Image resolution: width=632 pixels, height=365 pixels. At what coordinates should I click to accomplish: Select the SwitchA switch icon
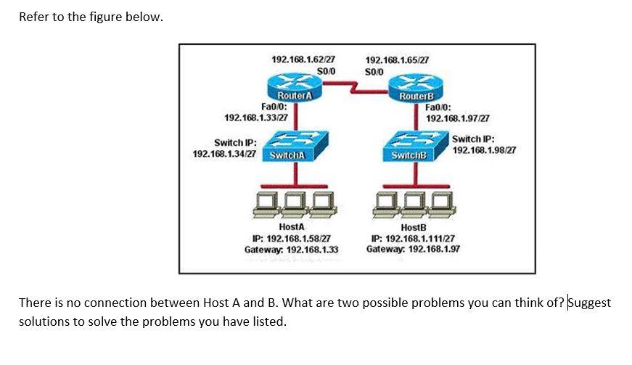[291, 148]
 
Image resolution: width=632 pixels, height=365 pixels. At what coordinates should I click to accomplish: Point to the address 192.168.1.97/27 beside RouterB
[458, 118]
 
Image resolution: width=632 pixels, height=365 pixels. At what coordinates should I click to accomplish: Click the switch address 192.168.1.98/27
[483, 149]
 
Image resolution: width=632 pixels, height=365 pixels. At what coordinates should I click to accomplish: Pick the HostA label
[292, 227]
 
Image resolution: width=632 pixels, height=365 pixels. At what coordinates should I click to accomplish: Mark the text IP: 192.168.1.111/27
[414, 238]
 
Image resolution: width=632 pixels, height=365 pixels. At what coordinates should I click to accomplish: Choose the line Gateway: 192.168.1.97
[414, 248]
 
